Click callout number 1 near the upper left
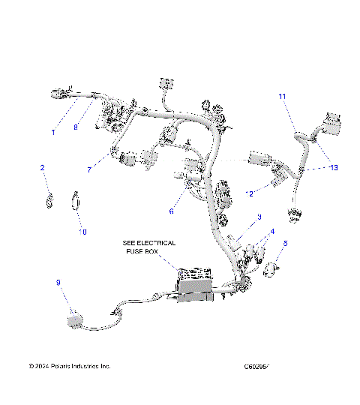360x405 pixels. coord(53,133)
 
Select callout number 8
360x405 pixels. coord(75,127)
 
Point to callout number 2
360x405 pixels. coord(43,168)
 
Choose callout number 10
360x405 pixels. coord(83,232)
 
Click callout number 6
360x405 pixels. coord(170,211)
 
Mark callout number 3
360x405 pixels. coord(259,217)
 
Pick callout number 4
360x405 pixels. coord(273,231)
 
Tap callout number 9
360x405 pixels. coord(58,283)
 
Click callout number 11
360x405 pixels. coord(282,97)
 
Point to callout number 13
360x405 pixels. coord(334,168)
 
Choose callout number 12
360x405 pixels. coord(251,193)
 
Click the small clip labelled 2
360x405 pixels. coord(49,200)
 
